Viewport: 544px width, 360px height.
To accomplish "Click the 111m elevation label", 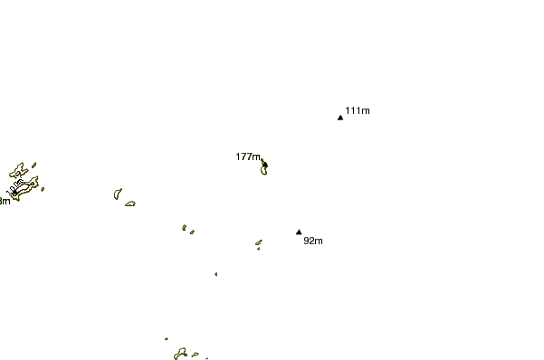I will [x=358, y=110].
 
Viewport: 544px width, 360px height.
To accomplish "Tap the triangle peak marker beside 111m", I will [x=340, y=118].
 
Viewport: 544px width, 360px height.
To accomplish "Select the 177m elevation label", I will [x=248, y=156].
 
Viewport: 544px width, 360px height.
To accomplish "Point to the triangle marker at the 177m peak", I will [x=264, y=164].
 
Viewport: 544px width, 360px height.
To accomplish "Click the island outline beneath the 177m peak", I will [x=263, y=170].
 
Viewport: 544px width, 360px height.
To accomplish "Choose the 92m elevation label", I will [x=313, y=241].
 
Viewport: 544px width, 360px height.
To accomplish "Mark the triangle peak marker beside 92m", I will [x=299, y=232].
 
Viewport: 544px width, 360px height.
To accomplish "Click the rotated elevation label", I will [x=15, y=185].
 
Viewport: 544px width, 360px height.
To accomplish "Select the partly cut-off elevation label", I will [x=5, y=201].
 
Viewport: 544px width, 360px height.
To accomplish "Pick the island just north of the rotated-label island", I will [x=17, y=171].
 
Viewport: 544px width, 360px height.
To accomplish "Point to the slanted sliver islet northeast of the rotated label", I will [x=33, y=165].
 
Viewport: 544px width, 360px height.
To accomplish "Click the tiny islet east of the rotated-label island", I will [x=42, y=189].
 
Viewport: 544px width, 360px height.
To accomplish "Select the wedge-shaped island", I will [x=117, y=194].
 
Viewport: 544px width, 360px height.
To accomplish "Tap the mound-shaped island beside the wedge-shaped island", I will [x=130, y=204].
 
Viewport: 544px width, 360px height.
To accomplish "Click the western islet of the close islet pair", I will [x=184, y=227].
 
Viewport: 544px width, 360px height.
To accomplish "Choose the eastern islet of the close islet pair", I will [x=192, y=232].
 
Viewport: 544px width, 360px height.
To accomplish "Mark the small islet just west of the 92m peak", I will [x=258, y=242].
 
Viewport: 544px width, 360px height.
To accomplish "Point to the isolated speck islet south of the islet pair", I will [x=215, y=274].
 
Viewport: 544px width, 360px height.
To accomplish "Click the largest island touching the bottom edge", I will [x=181, y=353].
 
